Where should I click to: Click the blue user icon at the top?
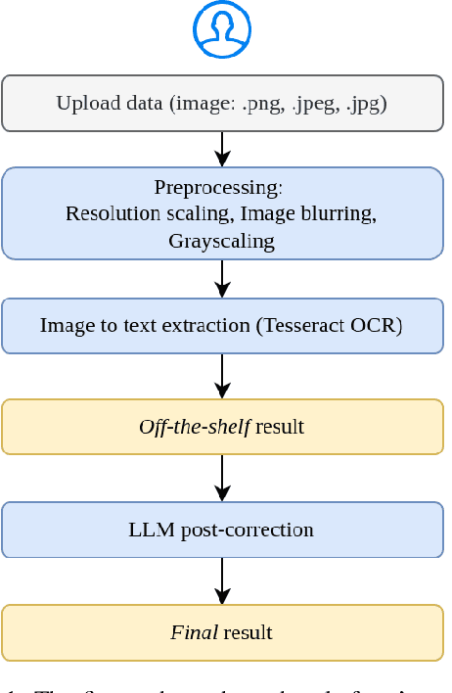(x=222, y=30)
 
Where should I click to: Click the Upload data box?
(x=222, y=103)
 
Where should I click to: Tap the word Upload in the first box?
(x=82, y=104)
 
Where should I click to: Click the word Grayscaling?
(x=221, y=240)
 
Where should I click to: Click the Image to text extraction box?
(x=222, y=326)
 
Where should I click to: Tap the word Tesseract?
(x=300, y=326)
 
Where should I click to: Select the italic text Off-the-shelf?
(x=195, y=427)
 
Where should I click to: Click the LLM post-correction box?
(x=222, y=530)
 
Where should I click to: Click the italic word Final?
(x=194, y=632)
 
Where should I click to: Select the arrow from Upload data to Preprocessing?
(x=222, y=149)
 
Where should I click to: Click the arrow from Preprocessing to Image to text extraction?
(x=222, y=279)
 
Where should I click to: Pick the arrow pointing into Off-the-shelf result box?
(x=222, y=376)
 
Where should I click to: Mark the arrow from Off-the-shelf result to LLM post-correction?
(x=222, y=478)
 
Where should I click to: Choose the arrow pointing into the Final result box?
(x=222, y=581)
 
